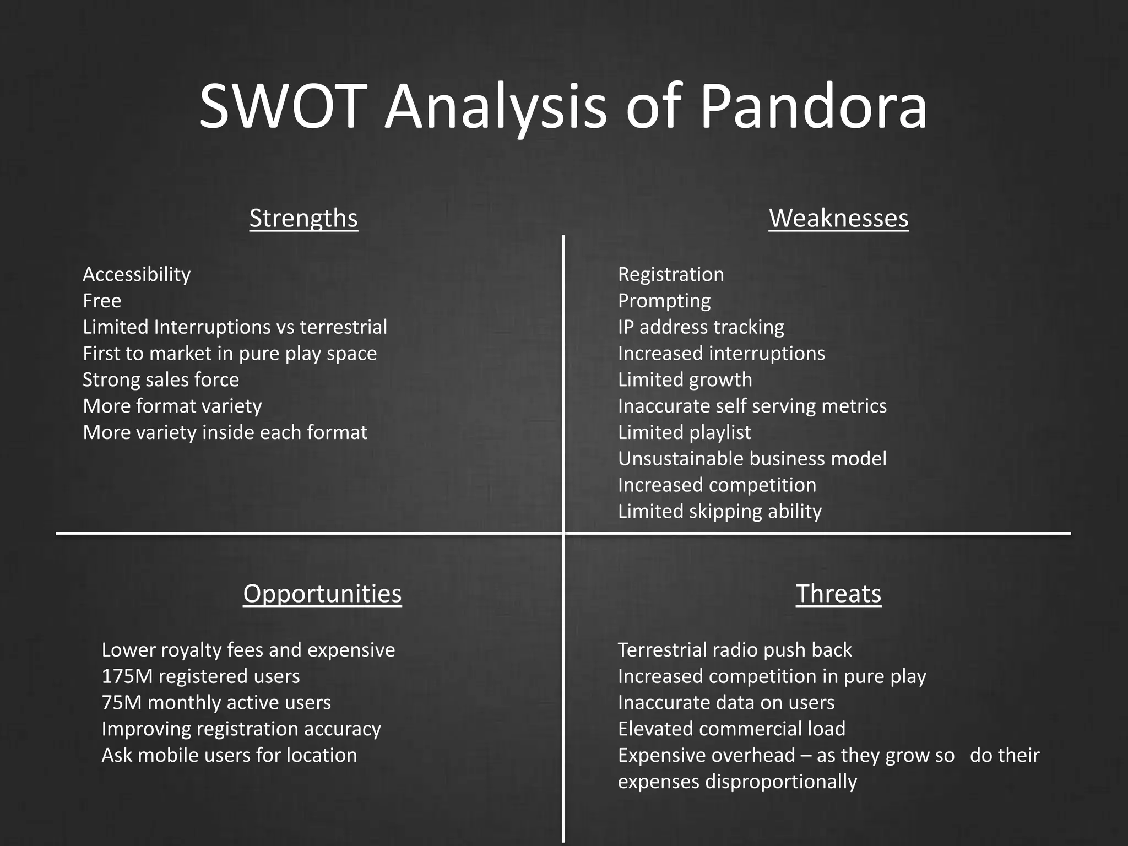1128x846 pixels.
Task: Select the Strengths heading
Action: tap(303, 218)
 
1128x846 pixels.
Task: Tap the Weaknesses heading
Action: tap(838, 218)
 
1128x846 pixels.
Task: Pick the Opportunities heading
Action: tap(322, 594)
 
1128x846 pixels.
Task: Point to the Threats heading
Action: tap(838, 594)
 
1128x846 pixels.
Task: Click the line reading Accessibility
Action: tap(137, 274)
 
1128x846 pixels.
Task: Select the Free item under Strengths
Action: tap(102, 301)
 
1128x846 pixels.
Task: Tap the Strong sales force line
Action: tap(161, 379)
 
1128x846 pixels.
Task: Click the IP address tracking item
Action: tap(701, 327)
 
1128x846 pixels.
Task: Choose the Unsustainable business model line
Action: tap(752, 459)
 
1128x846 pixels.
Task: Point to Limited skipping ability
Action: tap(719, 512)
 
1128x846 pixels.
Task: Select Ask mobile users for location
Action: tap(229, 755)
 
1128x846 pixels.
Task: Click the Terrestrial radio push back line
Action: tap(735, 650)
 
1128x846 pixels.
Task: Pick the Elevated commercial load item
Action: tap(731, 729)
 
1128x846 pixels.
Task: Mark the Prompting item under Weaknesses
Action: tap(664, 301)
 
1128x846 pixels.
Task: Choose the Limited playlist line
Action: tap(684, 432)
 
